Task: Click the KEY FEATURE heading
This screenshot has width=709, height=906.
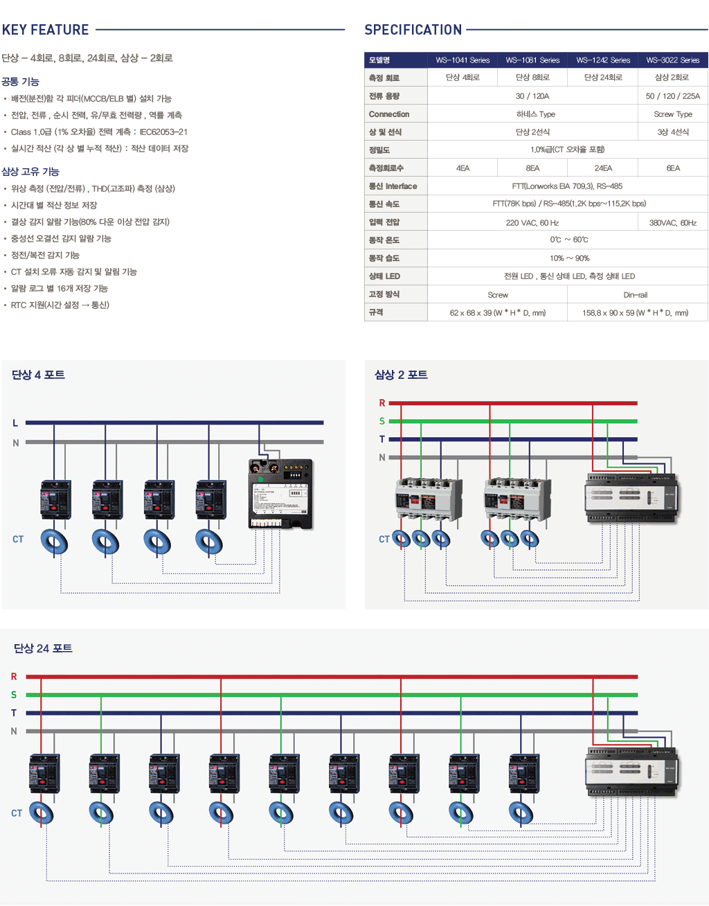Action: pos(46,30)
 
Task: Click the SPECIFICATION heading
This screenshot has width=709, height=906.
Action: pos(413,30)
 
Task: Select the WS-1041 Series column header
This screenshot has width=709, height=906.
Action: pos(463,60)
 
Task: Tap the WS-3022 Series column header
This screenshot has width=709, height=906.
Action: pos(672,60)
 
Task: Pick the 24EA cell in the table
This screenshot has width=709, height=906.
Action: pos(602,168)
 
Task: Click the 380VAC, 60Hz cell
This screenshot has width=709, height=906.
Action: pos(672,223)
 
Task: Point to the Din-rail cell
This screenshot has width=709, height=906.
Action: pos(635,295)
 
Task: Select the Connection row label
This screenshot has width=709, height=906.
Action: pos(389,114)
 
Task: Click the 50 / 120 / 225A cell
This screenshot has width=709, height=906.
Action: pos(672,96)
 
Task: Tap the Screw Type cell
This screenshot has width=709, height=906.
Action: pos(672,114)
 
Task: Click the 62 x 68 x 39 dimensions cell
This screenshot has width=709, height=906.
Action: pos(497,313)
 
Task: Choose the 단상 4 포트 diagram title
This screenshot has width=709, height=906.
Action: pos(38,375)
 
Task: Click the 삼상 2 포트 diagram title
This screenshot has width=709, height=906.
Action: pos(401,375)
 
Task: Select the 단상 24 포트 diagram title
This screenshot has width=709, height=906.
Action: pos(43,648)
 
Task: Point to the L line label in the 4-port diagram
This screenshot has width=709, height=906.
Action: pos(15,423)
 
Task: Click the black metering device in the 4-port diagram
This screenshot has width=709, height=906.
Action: pos(280,494)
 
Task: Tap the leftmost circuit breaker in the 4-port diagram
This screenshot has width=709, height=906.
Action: pos(55,499)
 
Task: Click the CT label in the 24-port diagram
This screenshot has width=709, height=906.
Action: pos(17,813)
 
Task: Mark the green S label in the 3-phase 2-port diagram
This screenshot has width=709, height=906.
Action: pos(382,421)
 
